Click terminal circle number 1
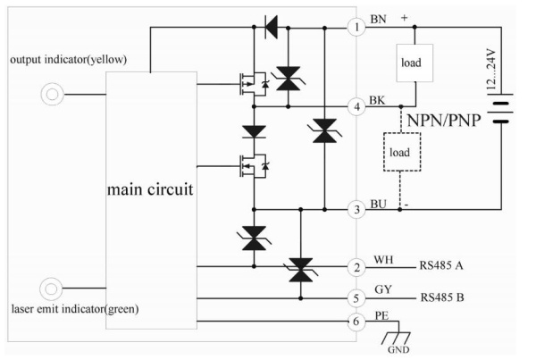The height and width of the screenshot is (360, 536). click(357, 27)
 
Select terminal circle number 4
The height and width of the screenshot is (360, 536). click(357, 106)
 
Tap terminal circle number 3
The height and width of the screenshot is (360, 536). click(357, 208)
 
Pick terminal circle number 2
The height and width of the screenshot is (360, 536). click(357, 266)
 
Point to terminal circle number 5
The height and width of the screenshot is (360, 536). click(357, 297)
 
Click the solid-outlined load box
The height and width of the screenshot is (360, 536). click(412, 63)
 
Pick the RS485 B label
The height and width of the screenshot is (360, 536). click(447, 297)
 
